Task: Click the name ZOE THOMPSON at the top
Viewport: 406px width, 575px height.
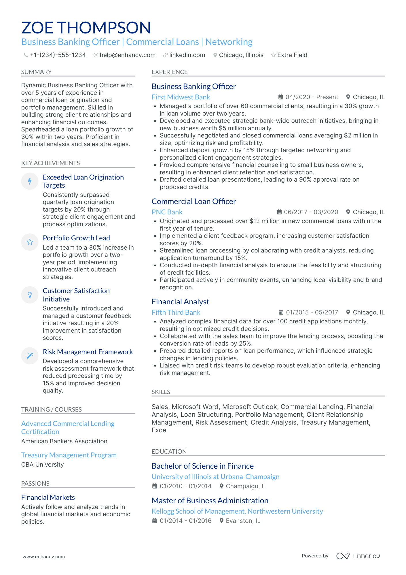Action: [x=86, y=28]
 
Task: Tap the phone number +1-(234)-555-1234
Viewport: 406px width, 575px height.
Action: [x=58, y=55]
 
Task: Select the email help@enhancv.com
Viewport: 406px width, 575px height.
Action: [x=127, y=55]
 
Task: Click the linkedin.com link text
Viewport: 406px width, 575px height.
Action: [x=187, y=55]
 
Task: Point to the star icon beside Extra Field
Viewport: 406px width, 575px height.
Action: [x=273, y=55]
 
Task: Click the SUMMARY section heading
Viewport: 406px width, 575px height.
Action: [x=36, y=72]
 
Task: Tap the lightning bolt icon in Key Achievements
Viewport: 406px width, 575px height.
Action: [x=30, y=181]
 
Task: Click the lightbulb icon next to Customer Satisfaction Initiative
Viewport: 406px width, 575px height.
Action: [x=30, y=295]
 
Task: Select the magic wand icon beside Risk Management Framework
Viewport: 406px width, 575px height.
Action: [x=30, y=356]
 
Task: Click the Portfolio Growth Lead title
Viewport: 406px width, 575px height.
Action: [x=76, y=238]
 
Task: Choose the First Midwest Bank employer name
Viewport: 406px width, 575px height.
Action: [x=181, y=97]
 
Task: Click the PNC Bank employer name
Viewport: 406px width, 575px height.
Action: [x=167, y=212]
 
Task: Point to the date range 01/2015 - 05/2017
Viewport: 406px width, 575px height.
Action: [x=312, y=312]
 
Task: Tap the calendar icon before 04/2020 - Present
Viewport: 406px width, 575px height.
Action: [x=280, y=97]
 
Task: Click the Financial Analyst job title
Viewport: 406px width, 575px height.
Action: [x=180, y=302]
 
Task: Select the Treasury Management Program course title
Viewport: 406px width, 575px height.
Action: [x=69, y=455]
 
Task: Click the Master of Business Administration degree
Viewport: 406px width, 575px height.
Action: [x=210, y=501]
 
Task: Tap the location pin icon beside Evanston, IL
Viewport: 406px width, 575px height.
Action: [x=221, y=521]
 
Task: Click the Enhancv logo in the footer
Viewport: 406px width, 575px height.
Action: [x=358, y=556]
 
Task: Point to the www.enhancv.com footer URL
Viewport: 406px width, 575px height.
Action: [x=44, y=557]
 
